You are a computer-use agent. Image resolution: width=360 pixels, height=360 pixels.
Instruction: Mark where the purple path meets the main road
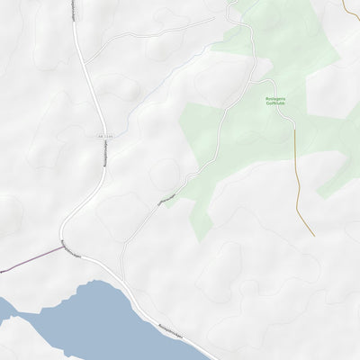click(63, 247)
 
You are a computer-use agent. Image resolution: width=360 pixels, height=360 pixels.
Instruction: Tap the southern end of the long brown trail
click(313, 235)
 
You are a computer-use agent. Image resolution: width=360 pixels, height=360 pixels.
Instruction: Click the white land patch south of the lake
click(27, 342)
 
